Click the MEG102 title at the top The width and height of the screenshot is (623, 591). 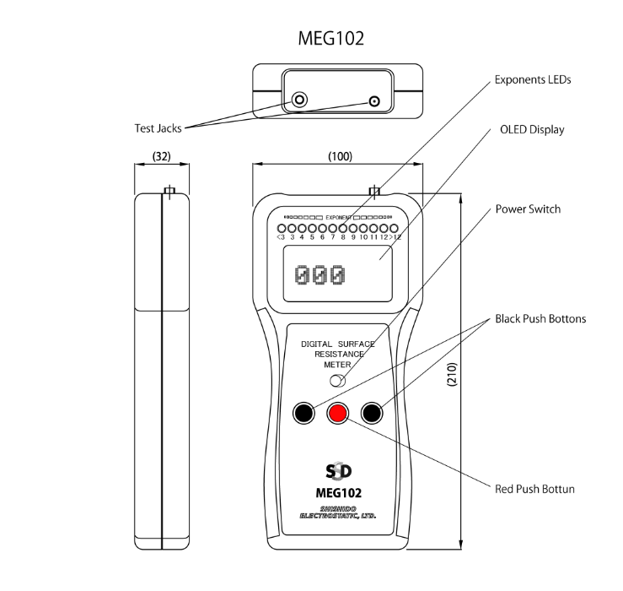pyautogui.click(x=331, y=38)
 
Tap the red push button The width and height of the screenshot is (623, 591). pyautogui.click(x=338, y=413)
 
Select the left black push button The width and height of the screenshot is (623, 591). pyautogui.click(x=303, y=413)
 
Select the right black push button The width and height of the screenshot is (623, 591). pyautogui.click(x=373, y=413)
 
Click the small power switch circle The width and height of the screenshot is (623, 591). pyautogui.click(x=337, y=382)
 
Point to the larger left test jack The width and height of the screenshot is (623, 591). pyautogui.click(x=300, y=101)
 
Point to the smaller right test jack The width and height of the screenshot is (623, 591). pyautogui.click(x=374, y=102)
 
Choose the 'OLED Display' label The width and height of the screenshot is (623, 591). pyautogui.click(x=532, y=130)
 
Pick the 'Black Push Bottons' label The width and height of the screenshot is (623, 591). pyautogui.click(x=540, y=319)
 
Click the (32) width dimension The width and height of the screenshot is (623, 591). pyautogui.click(x=161, y=157)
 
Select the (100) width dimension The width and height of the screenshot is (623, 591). pyautogui.click(x=338, y=157)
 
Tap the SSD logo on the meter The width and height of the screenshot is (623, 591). pyautogui.click(x=338, y=470)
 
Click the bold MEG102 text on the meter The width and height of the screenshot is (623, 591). pyautogui.click(x=338, y=492)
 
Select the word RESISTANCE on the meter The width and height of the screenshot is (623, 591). pyautogui.click(x=337, y=355)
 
